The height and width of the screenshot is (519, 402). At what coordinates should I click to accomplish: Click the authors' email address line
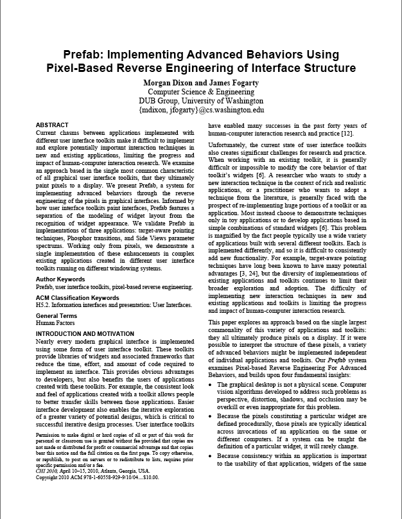pos(201,110)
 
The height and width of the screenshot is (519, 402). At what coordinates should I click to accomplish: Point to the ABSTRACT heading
pos(53,125)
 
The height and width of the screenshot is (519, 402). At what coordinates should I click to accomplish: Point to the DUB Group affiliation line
pos(201,101)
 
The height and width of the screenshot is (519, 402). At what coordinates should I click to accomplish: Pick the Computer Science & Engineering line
pos(201,92)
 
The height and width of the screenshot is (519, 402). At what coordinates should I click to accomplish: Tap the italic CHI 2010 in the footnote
pos(49,471)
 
